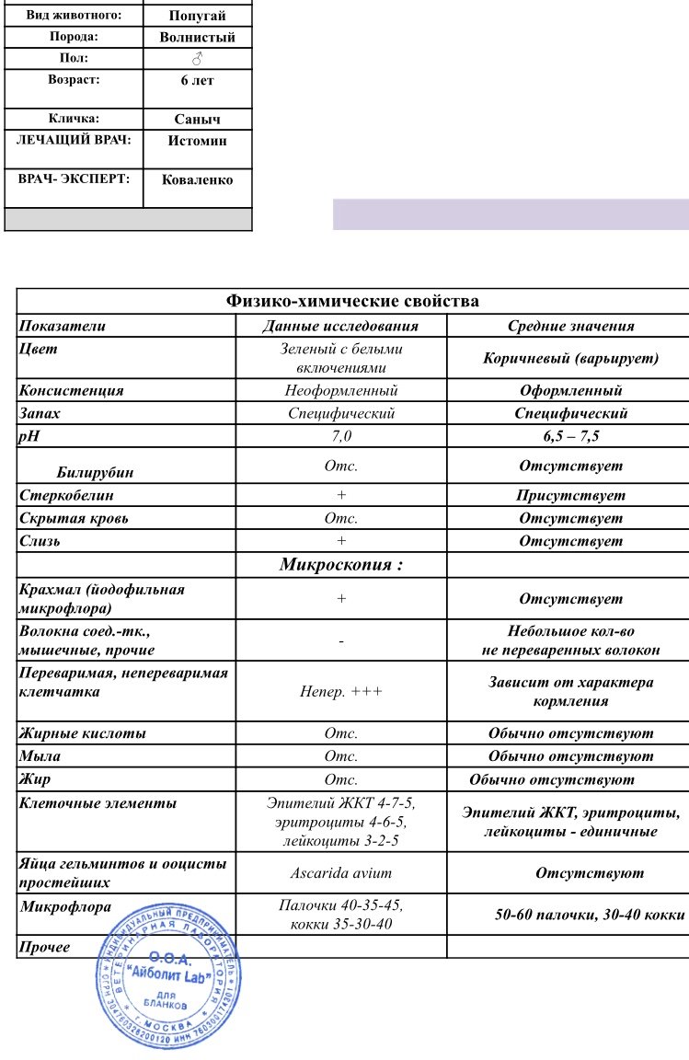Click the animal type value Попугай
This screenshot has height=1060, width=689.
pyautogui.click(x=198, y=16)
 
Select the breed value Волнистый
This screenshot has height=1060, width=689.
pyautogui.click(x=198, y=38)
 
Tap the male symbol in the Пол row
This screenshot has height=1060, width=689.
pyautogui.click(x=197, y=59)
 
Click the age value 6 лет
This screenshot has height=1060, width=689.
pyautogui.click(x=197, y=81)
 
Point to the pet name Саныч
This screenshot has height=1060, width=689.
pyautogui.click(x=198, y=120)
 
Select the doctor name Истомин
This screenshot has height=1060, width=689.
pyautogui.click(x=197, y=141)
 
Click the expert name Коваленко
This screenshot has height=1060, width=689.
pyautogui.click(x=197, y=180)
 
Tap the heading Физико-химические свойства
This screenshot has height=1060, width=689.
pyautogui.click(x=353, y=301)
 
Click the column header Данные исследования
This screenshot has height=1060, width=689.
pyautogui.click(x=340, y=326)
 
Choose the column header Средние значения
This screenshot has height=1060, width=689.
pyautogui.click(x=570, y=326)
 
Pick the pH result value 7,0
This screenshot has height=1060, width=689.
pyautogui.click(x=341, y=436)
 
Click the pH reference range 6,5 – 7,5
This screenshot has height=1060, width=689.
pyautogui.click(x=570, y=436)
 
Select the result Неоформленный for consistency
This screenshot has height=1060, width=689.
pyautogui.click(x=341, y=390)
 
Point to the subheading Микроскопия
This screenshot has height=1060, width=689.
pyautogui.click(x=341, y=564)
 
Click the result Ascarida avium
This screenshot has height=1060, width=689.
pyautogui.click(x=341, y=873)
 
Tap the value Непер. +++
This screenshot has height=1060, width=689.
pyautogui.click(x=341, y=692)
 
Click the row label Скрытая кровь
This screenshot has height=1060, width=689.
pyautogui.click(x=74, y=518)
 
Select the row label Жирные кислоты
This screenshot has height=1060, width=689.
pyautogui.click(x=83, y=733)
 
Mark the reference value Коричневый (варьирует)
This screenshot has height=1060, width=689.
pyautogui.click(x=570, y=358)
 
